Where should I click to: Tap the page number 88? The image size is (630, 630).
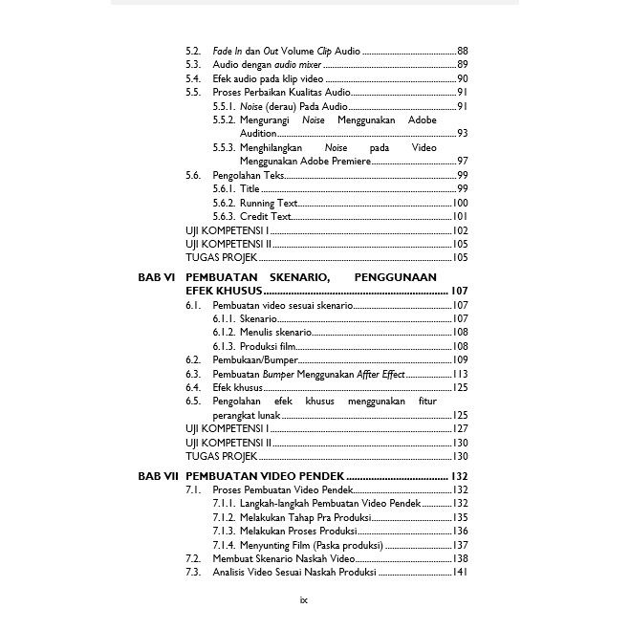click(463, 50)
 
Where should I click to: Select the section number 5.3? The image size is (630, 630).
click(192, 64)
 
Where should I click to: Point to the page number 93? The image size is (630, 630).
click(463, 134)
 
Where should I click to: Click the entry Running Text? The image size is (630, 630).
click(269, 204)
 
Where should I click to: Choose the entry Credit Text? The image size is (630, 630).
click(265, 217)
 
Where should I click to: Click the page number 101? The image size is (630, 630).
click(460, 217)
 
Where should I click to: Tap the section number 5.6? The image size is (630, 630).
click(192, 176)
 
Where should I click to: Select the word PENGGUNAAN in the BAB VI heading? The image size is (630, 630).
click(395, 277)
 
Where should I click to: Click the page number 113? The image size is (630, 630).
click(460, 374)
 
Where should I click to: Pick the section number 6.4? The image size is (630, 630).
click(192, 387)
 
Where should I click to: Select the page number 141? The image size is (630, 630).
click(460, 573)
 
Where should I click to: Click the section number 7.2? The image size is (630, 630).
click(192, 558)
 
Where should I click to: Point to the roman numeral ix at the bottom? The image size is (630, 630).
click(303, 600)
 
